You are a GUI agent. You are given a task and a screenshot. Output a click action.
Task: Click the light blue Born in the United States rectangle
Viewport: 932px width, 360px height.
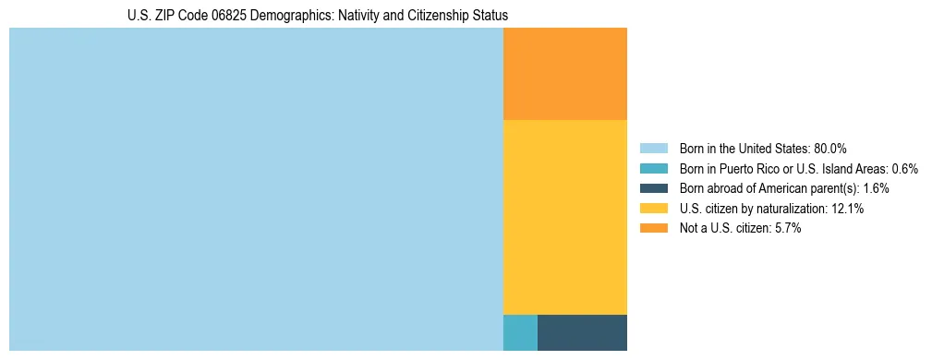(256, 189)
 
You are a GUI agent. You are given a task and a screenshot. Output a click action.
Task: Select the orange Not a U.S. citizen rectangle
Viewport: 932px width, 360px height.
(564, 74)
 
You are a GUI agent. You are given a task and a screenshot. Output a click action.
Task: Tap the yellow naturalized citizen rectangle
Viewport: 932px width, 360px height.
(564, 217)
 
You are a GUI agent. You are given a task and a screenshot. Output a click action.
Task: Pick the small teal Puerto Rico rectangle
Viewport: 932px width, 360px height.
(520, 332)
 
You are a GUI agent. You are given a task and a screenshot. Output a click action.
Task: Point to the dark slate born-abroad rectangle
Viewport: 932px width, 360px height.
(582, 332)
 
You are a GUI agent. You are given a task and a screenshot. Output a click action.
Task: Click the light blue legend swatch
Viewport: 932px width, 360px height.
(653, 148)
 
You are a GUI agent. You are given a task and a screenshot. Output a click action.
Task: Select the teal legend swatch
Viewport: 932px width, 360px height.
(653, 168)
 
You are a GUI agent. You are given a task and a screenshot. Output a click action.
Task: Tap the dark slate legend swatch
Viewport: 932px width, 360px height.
(653, 188)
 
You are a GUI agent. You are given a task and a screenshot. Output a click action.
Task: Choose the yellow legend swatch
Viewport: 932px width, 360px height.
(653, 209)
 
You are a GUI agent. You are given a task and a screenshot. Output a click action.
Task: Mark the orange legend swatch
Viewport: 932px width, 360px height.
(653, 229)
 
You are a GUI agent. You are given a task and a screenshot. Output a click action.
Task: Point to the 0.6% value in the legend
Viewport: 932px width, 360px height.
(904, 169)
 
